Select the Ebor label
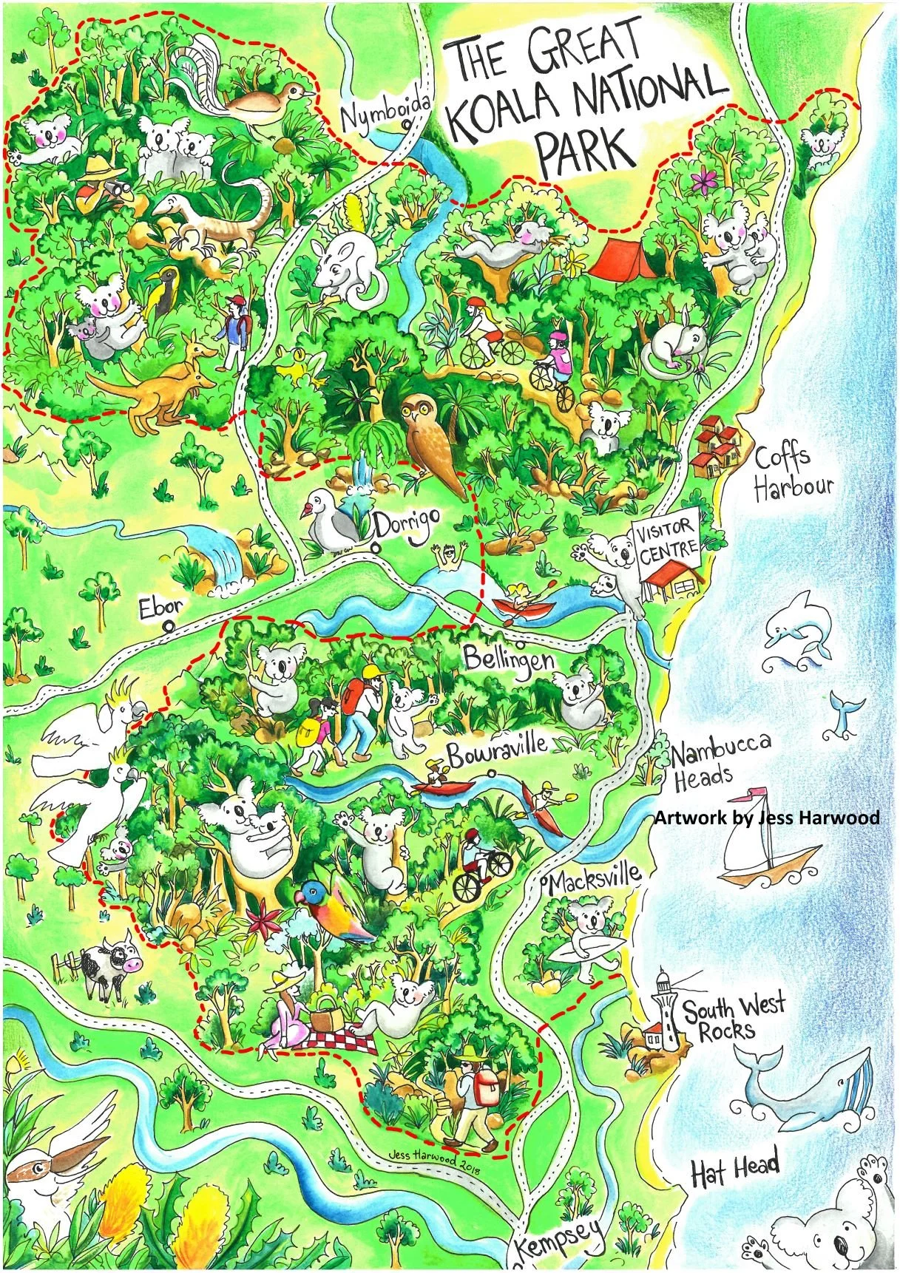[x=158, y=608]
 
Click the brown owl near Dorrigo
[x=433, y=444]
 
